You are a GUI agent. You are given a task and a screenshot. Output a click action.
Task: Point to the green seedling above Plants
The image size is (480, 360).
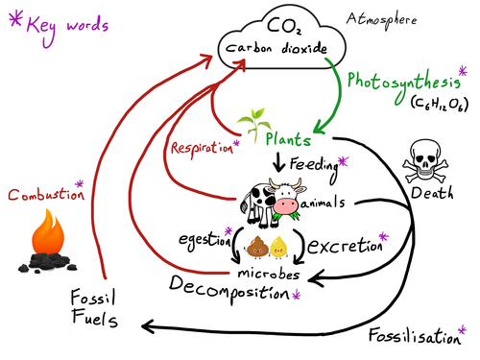coord(254,122)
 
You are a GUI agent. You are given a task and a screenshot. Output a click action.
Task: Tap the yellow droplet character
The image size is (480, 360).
coord(279,249)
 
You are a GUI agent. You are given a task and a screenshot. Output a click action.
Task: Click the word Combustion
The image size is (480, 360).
coord(41,195)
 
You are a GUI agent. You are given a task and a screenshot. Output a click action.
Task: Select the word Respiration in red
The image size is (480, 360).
coord(200,149)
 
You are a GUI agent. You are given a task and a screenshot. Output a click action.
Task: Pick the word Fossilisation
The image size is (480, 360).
coord(414,335)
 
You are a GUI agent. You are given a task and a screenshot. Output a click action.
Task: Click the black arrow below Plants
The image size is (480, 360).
coord(278,164)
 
